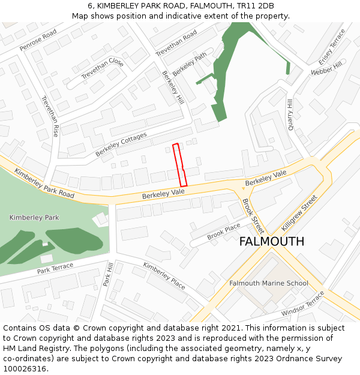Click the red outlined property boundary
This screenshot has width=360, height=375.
pyautogui.click(x=180, y=165)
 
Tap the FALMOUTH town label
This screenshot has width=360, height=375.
pyautogui.click(x=272, y=241)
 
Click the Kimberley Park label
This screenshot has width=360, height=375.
pyautogui.click(x=34, y=217)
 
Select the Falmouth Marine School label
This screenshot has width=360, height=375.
pyautogui.click(x=269, y=283)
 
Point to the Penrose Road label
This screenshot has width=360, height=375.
pyautogui.click(x=38, y=40)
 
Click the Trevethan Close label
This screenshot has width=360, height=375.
pyautogui.click(x=103, y=69)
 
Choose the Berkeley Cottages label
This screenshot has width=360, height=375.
pyautogui.click(x=121, y=145)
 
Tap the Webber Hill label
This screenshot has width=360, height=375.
pyautogui.click(x=326, y=68)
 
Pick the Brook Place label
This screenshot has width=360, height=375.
pyautogui.click(x=224, y=232)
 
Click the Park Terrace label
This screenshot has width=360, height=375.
pyautogui.click(x=55, y=268)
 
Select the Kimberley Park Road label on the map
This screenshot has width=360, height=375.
pyautogui.click(x=44, y=184)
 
